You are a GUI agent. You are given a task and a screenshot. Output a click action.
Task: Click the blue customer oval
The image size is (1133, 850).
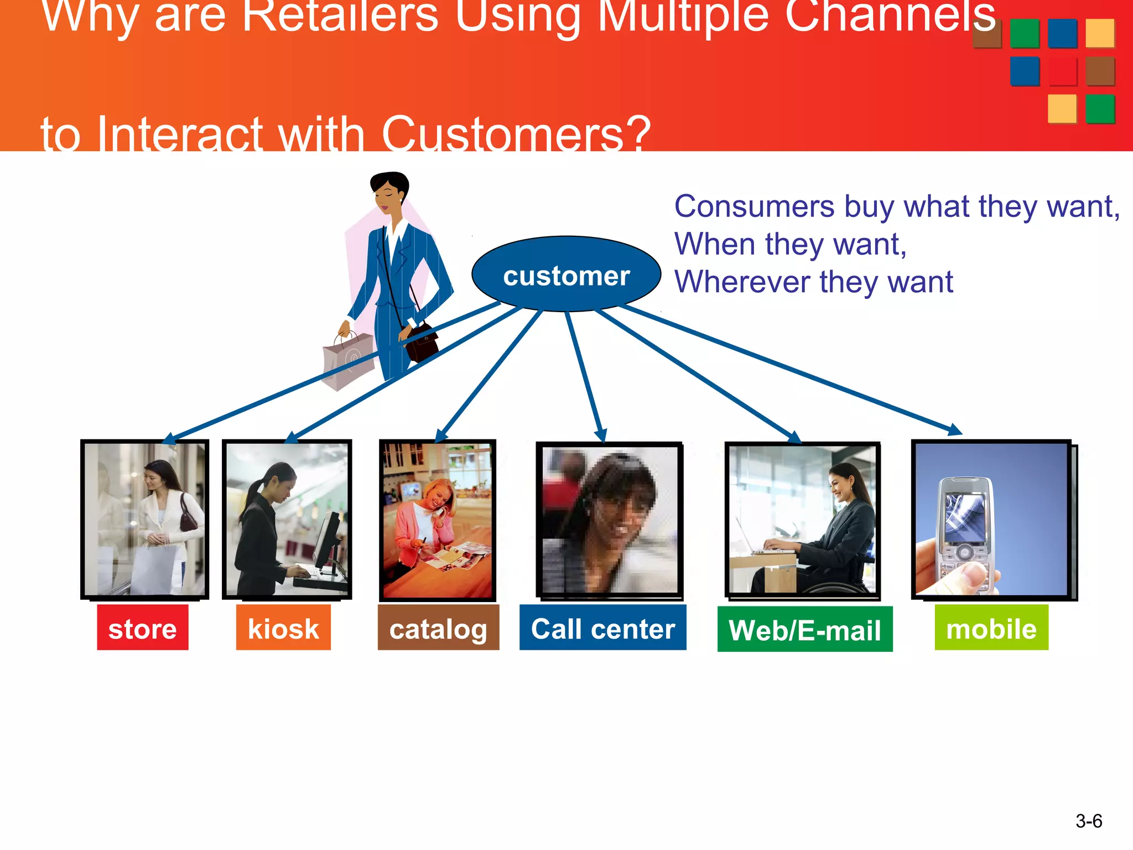[566, 274]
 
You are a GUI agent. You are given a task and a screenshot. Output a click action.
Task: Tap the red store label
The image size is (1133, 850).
[143, 628]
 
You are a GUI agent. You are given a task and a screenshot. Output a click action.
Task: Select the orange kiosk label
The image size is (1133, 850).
[283, 628]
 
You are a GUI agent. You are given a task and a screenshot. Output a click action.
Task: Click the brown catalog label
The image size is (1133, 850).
[438, 628]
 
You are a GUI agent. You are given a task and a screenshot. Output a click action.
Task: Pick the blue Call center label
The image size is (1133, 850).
[602, 628]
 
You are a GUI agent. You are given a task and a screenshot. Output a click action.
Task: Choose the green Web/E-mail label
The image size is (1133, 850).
[804, 629]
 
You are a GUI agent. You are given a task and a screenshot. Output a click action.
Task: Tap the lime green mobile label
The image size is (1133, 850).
[991, 628]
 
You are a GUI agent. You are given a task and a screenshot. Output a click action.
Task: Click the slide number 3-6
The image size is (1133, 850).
[1088, 821]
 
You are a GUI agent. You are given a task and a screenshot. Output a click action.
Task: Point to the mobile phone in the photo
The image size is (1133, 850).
[965, 531]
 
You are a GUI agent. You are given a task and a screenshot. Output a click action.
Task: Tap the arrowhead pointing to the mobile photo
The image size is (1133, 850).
[955, 429]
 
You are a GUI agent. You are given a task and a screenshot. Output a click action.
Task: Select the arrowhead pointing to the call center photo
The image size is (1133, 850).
[601, 436]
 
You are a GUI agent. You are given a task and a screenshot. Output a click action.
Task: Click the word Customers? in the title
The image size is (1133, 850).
[516, 134]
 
